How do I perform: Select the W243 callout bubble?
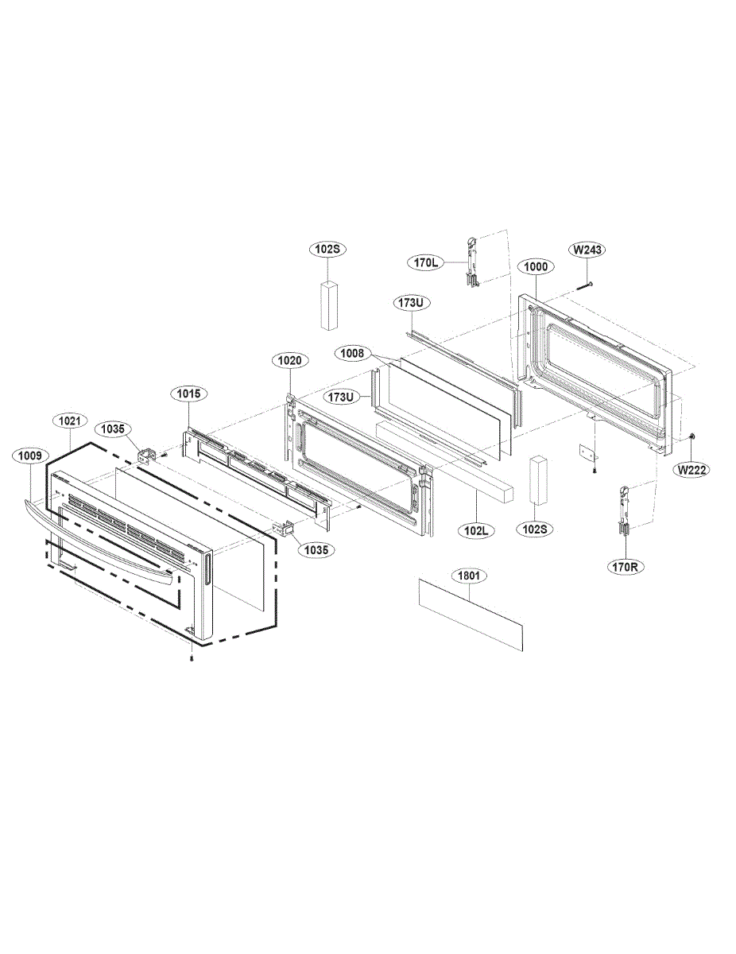(589, 250)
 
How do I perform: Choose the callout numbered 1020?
(289, 361)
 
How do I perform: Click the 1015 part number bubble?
(188, 394)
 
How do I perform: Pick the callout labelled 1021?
(69, 419)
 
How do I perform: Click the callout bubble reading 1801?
(469, 575)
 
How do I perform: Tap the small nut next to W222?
(694, 436)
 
